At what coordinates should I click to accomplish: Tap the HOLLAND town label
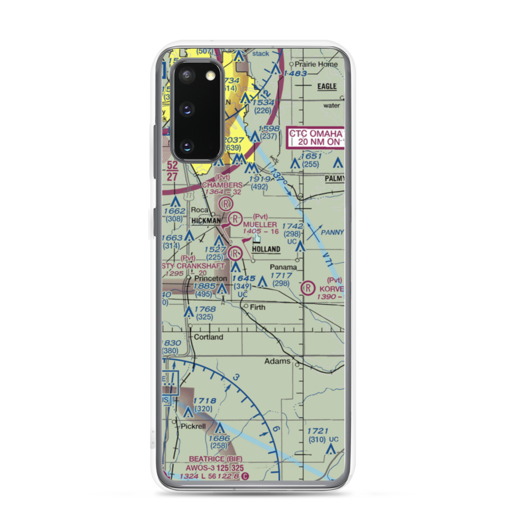[x=266, y=249]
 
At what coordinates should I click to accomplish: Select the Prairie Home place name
[x=317, y=65]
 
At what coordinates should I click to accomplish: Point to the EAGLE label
[x=327, y=86]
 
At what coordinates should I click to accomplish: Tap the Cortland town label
[x=208, y=337]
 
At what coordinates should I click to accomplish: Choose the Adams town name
[x=277, y=362]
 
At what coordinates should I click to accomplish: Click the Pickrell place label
[x=193, y=426]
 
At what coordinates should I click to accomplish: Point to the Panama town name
[x=283, y=267]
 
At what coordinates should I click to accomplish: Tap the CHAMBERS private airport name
[x=221, y=185]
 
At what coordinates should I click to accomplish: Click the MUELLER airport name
[x=260, y=225]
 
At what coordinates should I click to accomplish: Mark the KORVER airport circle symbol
[x=308, y=288]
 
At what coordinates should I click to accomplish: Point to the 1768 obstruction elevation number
[x=204, y=309]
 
